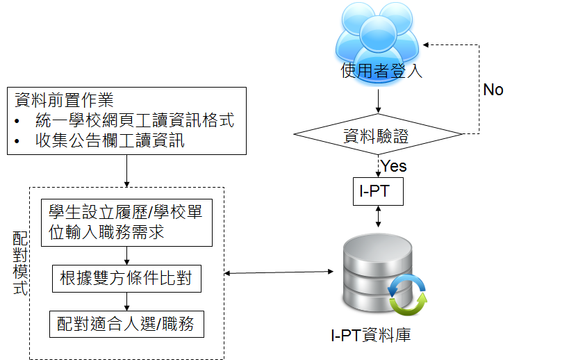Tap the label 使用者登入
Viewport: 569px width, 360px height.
(x=381, y=72)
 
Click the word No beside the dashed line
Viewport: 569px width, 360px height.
(x=493, y=90)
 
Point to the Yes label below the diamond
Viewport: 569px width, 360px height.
(x=394, y=166)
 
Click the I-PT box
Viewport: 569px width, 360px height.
(x=377, y=191)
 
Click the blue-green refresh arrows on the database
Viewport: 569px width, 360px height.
(x=408, y=294)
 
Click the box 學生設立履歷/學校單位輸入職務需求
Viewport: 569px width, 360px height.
(x=126, y=222)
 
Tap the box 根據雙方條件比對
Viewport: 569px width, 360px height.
(x=126, y=279)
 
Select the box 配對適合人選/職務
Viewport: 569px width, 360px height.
(x=126, y=324)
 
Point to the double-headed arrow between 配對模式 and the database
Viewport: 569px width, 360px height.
(x=278, y=272)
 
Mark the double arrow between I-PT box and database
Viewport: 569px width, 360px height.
(x=377, y=216)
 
